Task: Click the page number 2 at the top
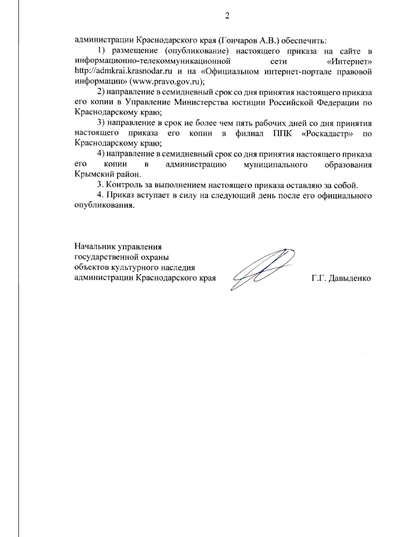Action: (227, 16)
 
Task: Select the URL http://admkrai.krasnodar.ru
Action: (123, 72)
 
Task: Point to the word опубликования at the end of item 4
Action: (104, 205)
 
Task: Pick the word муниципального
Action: (275, 165)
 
